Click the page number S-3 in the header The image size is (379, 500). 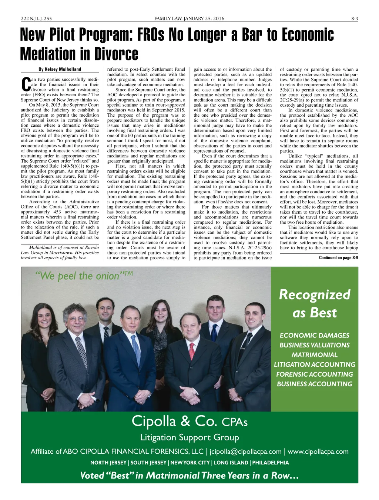[x=355, y=19]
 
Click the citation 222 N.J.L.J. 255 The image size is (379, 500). [x=36, y=19]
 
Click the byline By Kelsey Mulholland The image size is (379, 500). [x=60, y=69]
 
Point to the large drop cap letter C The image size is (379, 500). [x=25, y=84]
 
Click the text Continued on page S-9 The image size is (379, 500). [x=338, y=258]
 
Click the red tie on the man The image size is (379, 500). [x=192, y=351]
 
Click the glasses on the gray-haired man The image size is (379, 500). [x=76, y=319]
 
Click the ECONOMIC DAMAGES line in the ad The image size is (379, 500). [x=314, y=335]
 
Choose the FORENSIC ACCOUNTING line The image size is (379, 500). [x=314, y=374]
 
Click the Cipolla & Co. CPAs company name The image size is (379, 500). [x=189, y=421]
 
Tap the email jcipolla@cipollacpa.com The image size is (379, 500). [x=245, y=451]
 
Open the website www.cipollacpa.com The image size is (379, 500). [x=318, y=451]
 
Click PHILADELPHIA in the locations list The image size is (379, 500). [x=270, y=463]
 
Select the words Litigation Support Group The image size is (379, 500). [x=189, y=437]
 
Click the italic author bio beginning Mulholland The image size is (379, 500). [x=60, y=253]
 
